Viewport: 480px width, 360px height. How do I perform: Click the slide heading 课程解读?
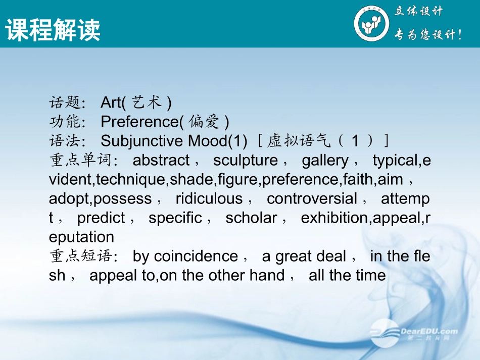53,30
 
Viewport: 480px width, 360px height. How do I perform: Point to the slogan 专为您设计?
427,35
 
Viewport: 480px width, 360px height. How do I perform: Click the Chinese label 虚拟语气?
296,141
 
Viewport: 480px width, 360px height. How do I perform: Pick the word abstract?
161,160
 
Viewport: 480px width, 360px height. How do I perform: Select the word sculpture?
246,160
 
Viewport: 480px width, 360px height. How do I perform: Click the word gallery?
325,160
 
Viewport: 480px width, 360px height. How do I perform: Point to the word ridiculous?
209,198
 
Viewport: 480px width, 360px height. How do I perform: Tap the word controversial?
312,198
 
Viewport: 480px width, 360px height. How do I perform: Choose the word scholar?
251,218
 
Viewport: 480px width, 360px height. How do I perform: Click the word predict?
101,218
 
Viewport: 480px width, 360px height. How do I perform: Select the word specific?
175,218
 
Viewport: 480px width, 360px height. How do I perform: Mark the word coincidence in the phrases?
196,256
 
